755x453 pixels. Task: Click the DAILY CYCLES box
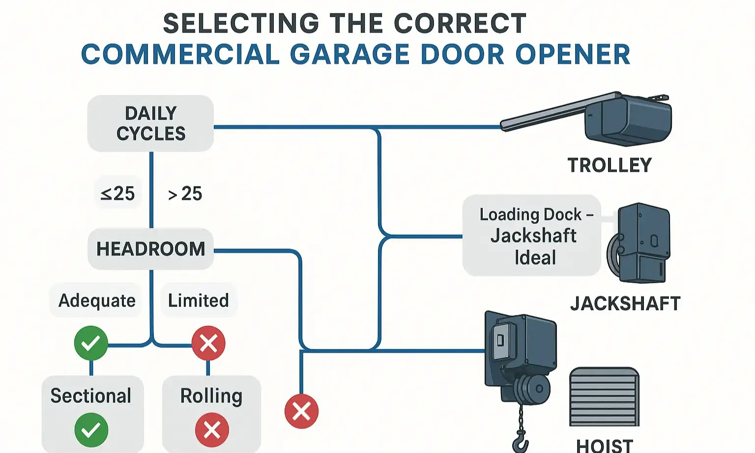point(150,123)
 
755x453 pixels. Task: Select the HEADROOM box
point(150,249)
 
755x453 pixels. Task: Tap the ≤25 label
point(117,193)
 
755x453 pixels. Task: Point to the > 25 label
point(185,194)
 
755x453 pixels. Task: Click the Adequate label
point(97,300)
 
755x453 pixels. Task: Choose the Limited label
point(199,300)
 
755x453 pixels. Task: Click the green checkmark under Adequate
point(91,343)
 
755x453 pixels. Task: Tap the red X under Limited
point(208,343)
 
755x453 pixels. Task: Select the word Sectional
point(91,396)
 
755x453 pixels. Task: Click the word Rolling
point(211,396)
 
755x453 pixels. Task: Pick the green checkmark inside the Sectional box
point(91,430)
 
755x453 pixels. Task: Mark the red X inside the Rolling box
point(212,430)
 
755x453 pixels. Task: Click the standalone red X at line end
point(301,411)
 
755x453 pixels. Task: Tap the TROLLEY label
point(610,165)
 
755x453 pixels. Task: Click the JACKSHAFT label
point(625,303)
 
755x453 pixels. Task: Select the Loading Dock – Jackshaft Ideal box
point(532,236)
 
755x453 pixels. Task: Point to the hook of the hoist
point(521,442)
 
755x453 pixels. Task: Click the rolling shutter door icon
point(604,397)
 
